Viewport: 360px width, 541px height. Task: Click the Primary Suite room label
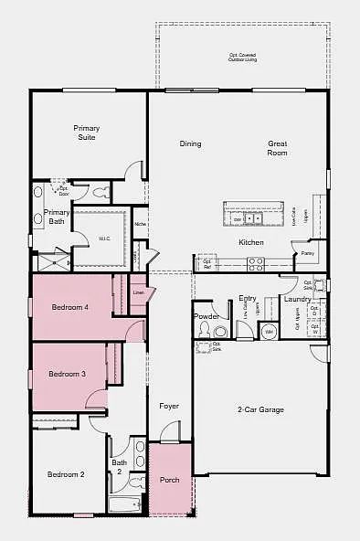pos(87,133)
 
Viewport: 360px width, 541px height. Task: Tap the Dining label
pos(190,143)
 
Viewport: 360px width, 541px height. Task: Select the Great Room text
pos(277,148)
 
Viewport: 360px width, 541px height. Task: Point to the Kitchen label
pos(251,242)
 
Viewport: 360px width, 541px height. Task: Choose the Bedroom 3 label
pos(67,374)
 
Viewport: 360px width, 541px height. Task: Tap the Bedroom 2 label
pos(66,474)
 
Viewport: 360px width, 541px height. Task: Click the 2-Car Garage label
pos(260,409)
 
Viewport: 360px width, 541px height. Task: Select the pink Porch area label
pos(170,480)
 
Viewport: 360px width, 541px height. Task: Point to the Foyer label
pos(169,405)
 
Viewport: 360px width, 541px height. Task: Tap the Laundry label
pos(297,299)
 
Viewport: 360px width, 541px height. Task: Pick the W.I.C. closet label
pos(104,239)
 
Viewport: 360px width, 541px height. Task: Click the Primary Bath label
pos(56,217)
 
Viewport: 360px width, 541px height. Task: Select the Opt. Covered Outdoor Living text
pos(243,58)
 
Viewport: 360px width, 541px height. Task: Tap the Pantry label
pos(307,252)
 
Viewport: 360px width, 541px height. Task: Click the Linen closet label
pos(139,293)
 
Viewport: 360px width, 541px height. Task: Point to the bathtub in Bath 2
pos(124,504)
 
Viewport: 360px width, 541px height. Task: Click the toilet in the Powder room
pos(219,331)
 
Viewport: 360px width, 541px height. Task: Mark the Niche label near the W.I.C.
pos(140,223)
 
